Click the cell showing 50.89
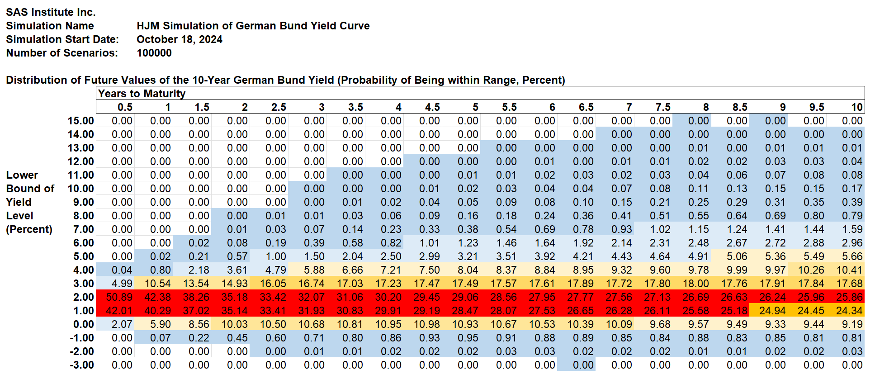point(119,297)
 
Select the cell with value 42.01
point(119,311)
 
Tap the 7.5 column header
point(663,107)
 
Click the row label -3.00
point(81,365)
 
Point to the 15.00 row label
point(81,121)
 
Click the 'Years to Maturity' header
point(142,94)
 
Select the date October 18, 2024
point(180,39)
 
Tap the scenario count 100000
point(154,53)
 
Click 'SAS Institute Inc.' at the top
point(51,12)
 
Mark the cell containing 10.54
point(158,284)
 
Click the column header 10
point(857,107)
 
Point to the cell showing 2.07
point(122,324)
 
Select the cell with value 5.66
point(852,256)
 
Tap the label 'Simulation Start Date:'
point(62,39)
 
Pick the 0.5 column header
point(125,107)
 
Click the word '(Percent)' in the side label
point(29,229)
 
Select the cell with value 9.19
point(852,324)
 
